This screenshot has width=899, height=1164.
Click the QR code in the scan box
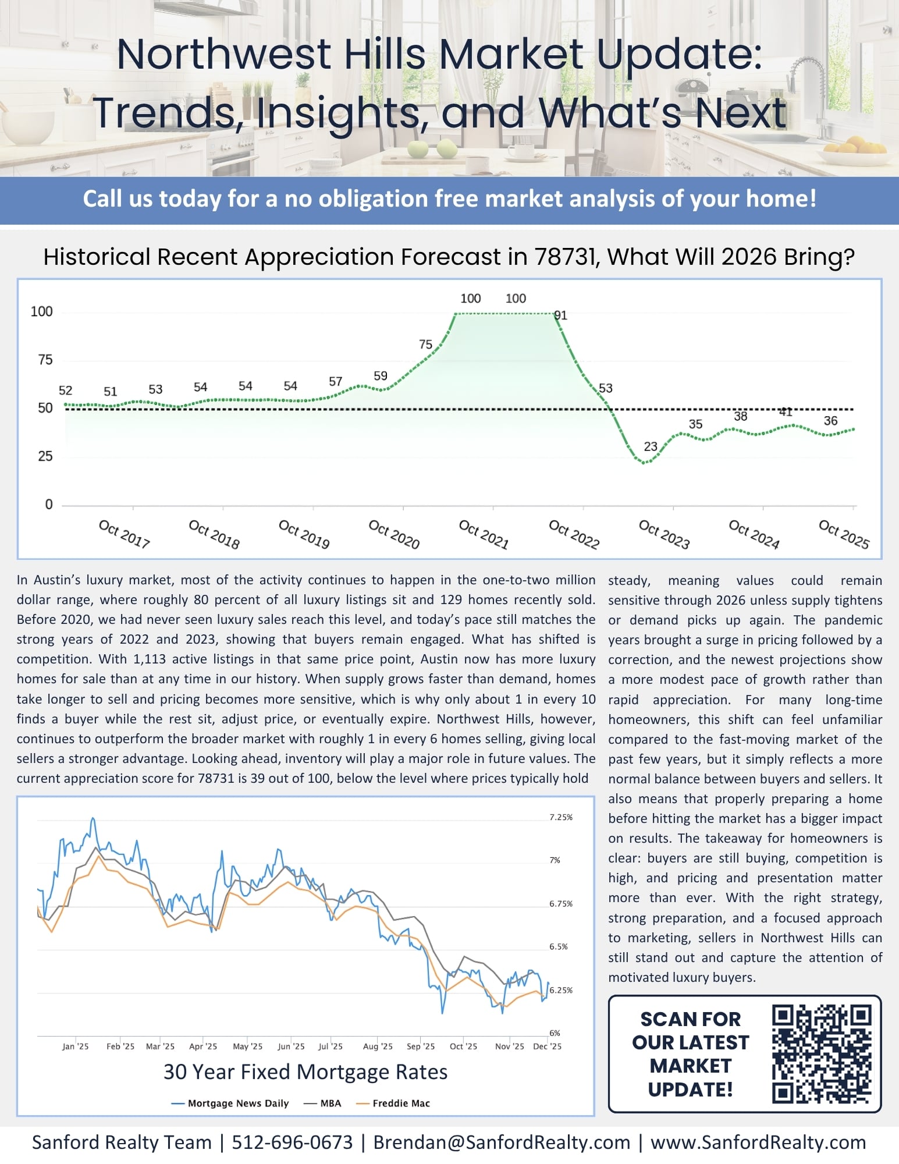pyautogui.click(x=822, y=1054)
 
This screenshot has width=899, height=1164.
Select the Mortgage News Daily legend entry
pyautogui.click(x=230, y=1103)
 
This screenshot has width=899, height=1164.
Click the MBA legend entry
pyautogui.click(x=322, y=1103)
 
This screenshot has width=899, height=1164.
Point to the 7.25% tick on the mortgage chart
pyautogui.click(x=561, y=817)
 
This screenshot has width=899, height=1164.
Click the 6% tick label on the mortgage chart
pyautogui.click(x=555, y=1033)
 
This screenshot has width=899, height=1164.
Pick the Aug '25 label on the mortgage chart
pyautogui.click(x=378, y=1046)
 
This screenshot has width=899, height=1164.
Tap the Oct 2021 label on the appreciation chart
pyautogui.click(x=484, y=534)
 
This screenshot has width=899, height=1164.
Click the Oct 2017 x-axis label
pyautogui.click(x=124, y=534)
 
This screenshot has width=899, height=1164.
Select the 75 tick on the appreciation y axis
pyautogui.click(x=45, y=360)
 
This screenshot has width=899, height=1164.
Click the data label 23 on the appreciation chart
pyautogui.click(x=651, y=446)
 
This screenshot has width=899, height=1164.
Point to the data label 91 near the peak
pyautogui.click(x=560, y=315)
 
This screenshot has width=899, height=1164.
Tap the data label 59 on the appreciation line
pyautogui.click(x=381, y=376)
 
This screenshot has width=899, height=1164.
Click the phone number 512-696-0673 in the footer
pyautogui.click(x=292, y=1142)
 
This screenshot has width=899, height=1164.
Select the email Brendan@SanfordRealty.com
pyautogui.click(x=502, y=1142)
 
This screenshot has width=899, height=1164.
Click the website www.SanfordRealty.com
pyautogui.click(x=758, y=1142)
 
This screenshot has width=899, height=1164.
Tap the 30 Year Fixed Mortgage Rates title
pyautogui.click(x=305, y=1072)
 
